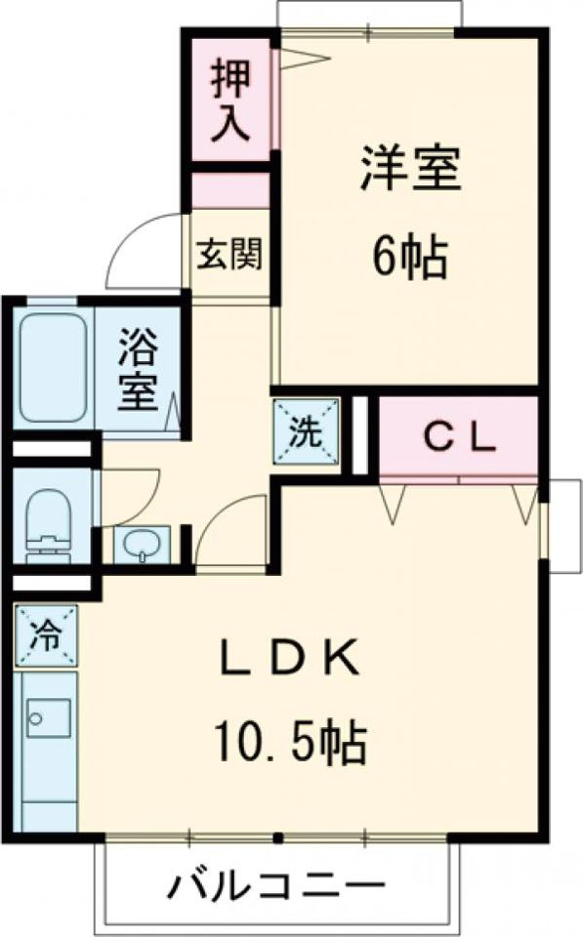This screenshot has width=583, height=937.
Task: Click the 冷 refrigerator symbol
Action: click(46, 636)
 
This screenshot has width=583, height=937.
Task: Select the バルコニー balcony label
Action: click(276, 889)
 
